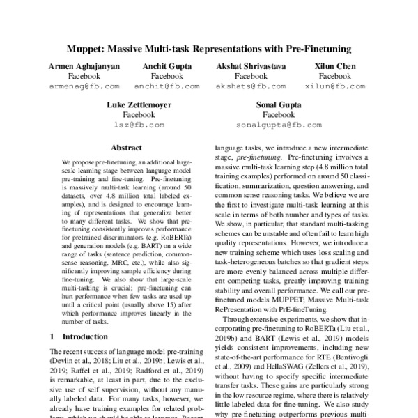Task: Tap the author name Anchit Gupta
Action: (x=167, y=65)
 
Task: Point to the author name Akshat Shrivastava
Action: (x=251, y=65)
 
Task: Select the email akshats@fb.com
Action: (x=251, y=86)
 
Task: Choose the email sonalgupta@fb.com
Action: (x=279, y=125)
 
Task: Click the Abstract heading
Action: (x=126, y=148)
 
